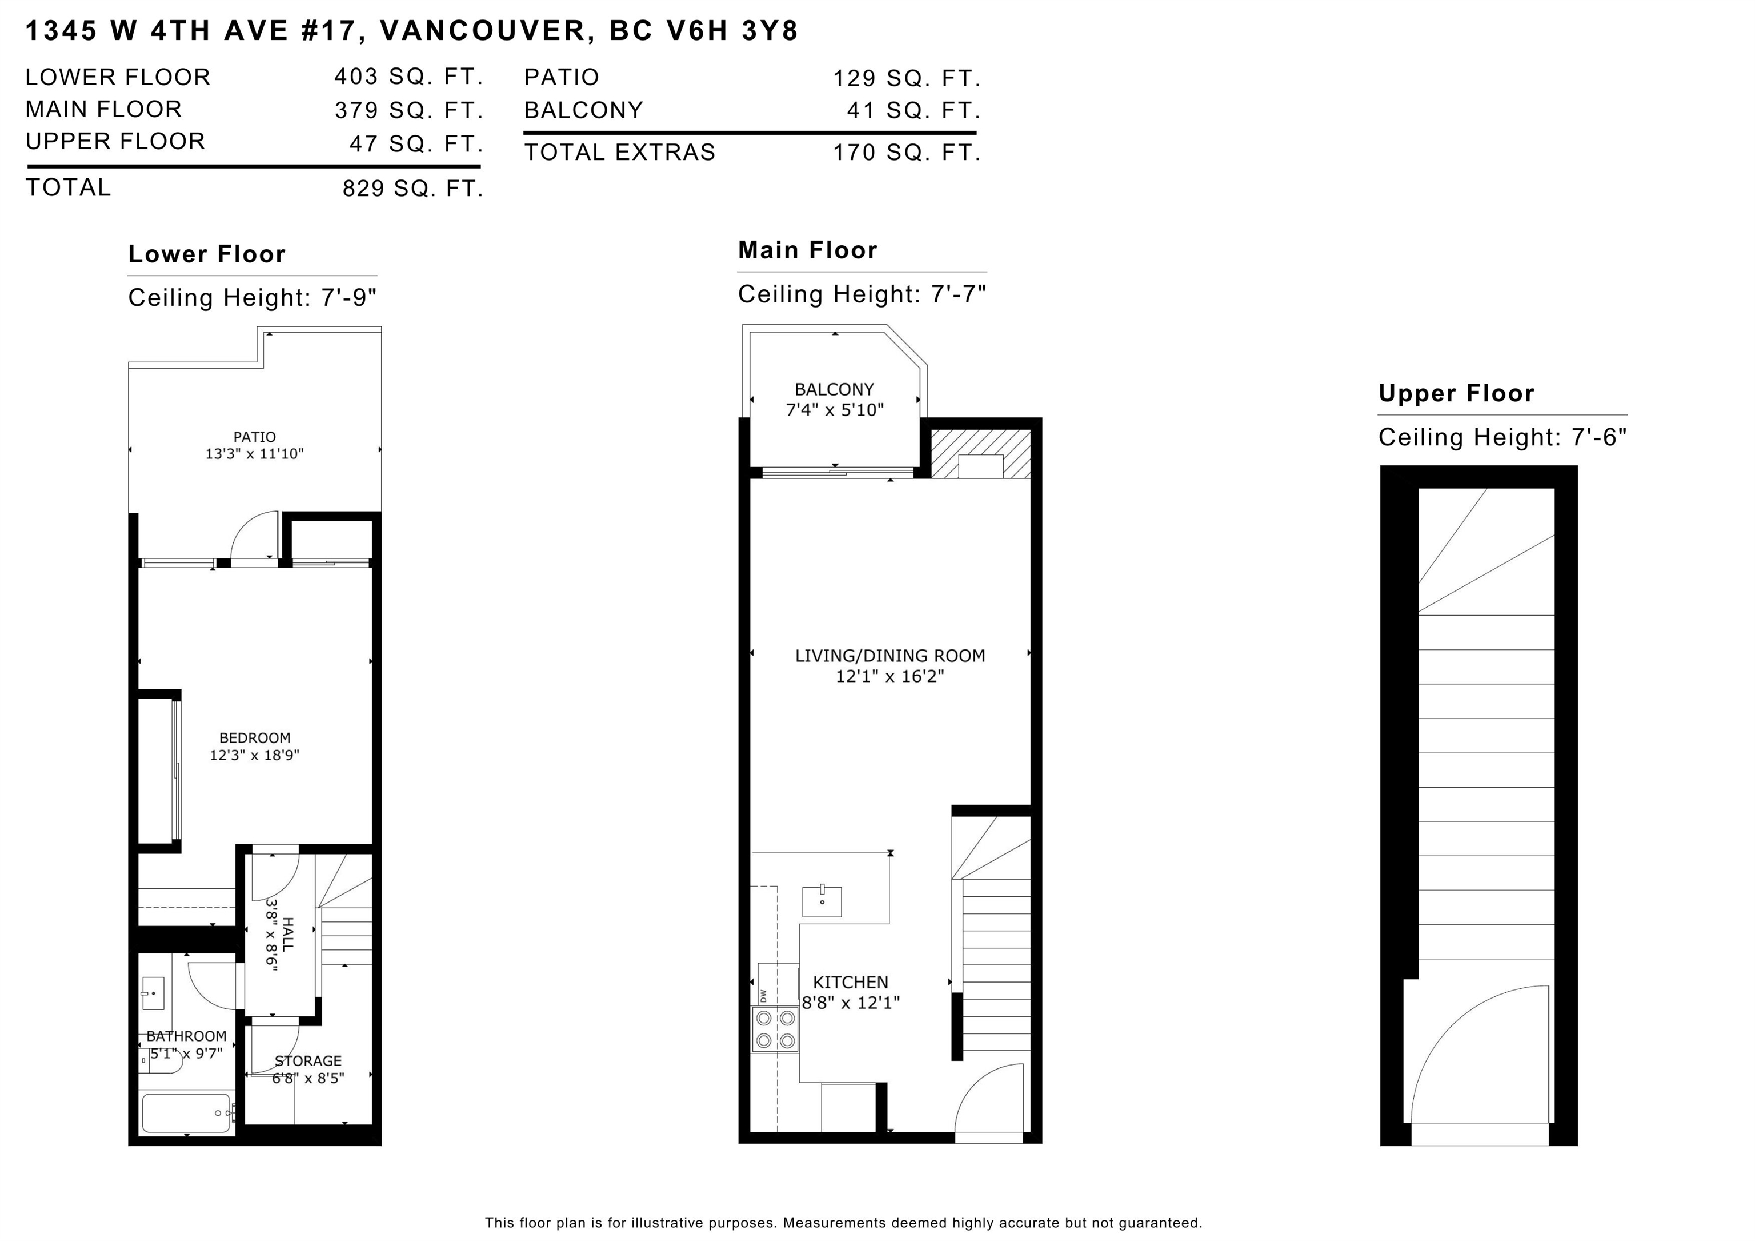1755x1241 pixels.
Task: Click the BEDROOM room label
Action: click(255, 738)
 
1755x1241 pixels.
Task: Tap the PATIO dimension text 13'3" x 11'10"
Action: click(255, 454)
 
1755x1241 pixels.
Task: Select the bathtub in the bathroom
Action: click(186, 1114)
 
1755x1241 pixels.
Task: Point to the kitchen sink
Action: click(822, 901)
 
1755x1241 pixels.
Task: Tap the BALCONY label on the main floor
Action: click(834, 389)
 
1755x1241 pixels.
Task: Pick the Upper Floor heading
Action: click(1456, 393)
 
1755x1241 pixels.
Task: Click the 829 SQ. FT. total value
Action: click(413, 188)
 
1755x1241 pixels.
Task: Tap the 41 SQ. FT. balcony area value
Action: click(913, 111)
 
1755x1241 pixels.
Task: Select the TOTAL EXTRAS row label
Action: click(619, 152)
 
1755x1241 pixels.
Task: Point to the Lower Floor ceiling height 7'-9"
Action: click(348, 297)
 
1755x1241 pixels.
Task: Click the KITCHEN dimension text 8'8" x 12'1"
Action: click(851, 1003)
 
